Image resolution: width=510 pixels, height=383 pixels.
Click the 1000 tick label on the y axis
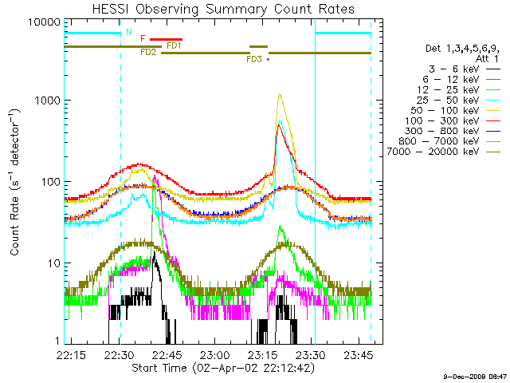click(x=44, y=101)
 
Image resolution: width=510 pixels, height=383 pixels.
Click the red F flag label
click(x=143, y=38)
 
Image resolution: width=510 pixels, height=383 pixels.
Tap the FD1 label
click(x=174, y=45)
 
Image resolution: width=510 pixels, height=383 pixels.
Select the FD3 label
click(x=254, y=59)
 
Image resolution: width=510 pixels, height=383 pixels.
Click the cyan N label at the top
click(x=129, y=32)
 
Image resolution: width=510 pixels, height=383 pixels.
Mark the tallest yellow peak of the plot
click(x=279, y=94)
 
